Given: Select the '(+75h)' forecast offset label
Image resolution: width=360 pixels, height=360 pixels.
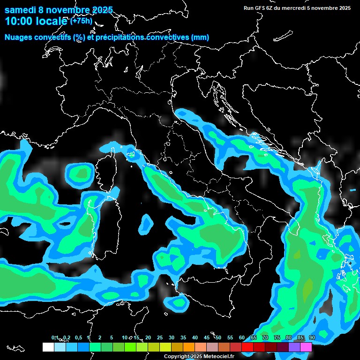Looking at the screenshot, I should click(81, 21).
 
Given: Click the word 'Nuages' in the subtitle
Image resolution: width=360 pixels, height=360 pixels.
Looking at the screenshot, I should click(18, 37).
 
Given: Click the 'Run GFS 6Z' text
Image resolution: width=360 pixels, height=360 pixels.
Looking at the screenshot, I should click(261, 8).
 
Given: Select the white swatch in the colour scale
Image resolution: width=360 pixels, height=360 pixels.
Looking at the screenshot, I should click(48, 347).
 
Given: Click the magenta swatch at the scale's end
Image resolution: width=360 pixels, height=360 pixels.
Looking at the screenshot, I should click(306, 347).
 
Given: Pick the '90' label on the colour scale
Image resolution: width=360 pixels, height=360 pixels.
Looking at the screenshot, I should click(312, 338).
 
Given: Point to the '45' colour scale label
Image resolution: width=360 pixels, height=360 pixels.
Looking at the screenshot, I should click(207, 338).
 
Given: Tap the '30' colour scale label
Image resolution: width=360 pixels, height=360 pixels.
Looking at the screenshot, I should click(172, 338).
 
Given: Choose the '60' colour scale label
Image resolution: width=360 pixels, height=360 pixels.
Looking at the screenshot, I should click(242, 338).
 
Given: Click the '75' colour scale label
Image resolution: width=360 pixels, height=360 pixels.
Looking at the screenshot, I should click(277, 338).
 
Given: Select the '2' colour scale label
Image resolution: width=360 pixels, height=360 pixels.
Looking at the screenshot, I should click(100, 338).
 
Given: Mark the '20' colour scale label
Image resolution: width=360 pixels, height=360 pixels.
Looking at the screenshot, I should click(148, 338).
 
